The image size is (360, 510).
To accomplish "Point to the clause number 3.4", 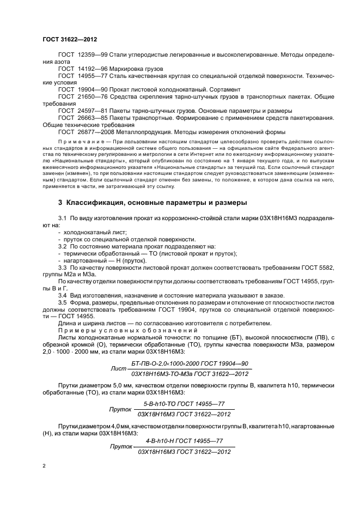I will coord(62,295).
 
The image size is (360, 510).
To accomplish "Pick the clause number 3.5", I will coord(62,302).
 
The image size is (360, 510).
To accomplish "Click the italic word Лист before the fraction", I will coord(118,368).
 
